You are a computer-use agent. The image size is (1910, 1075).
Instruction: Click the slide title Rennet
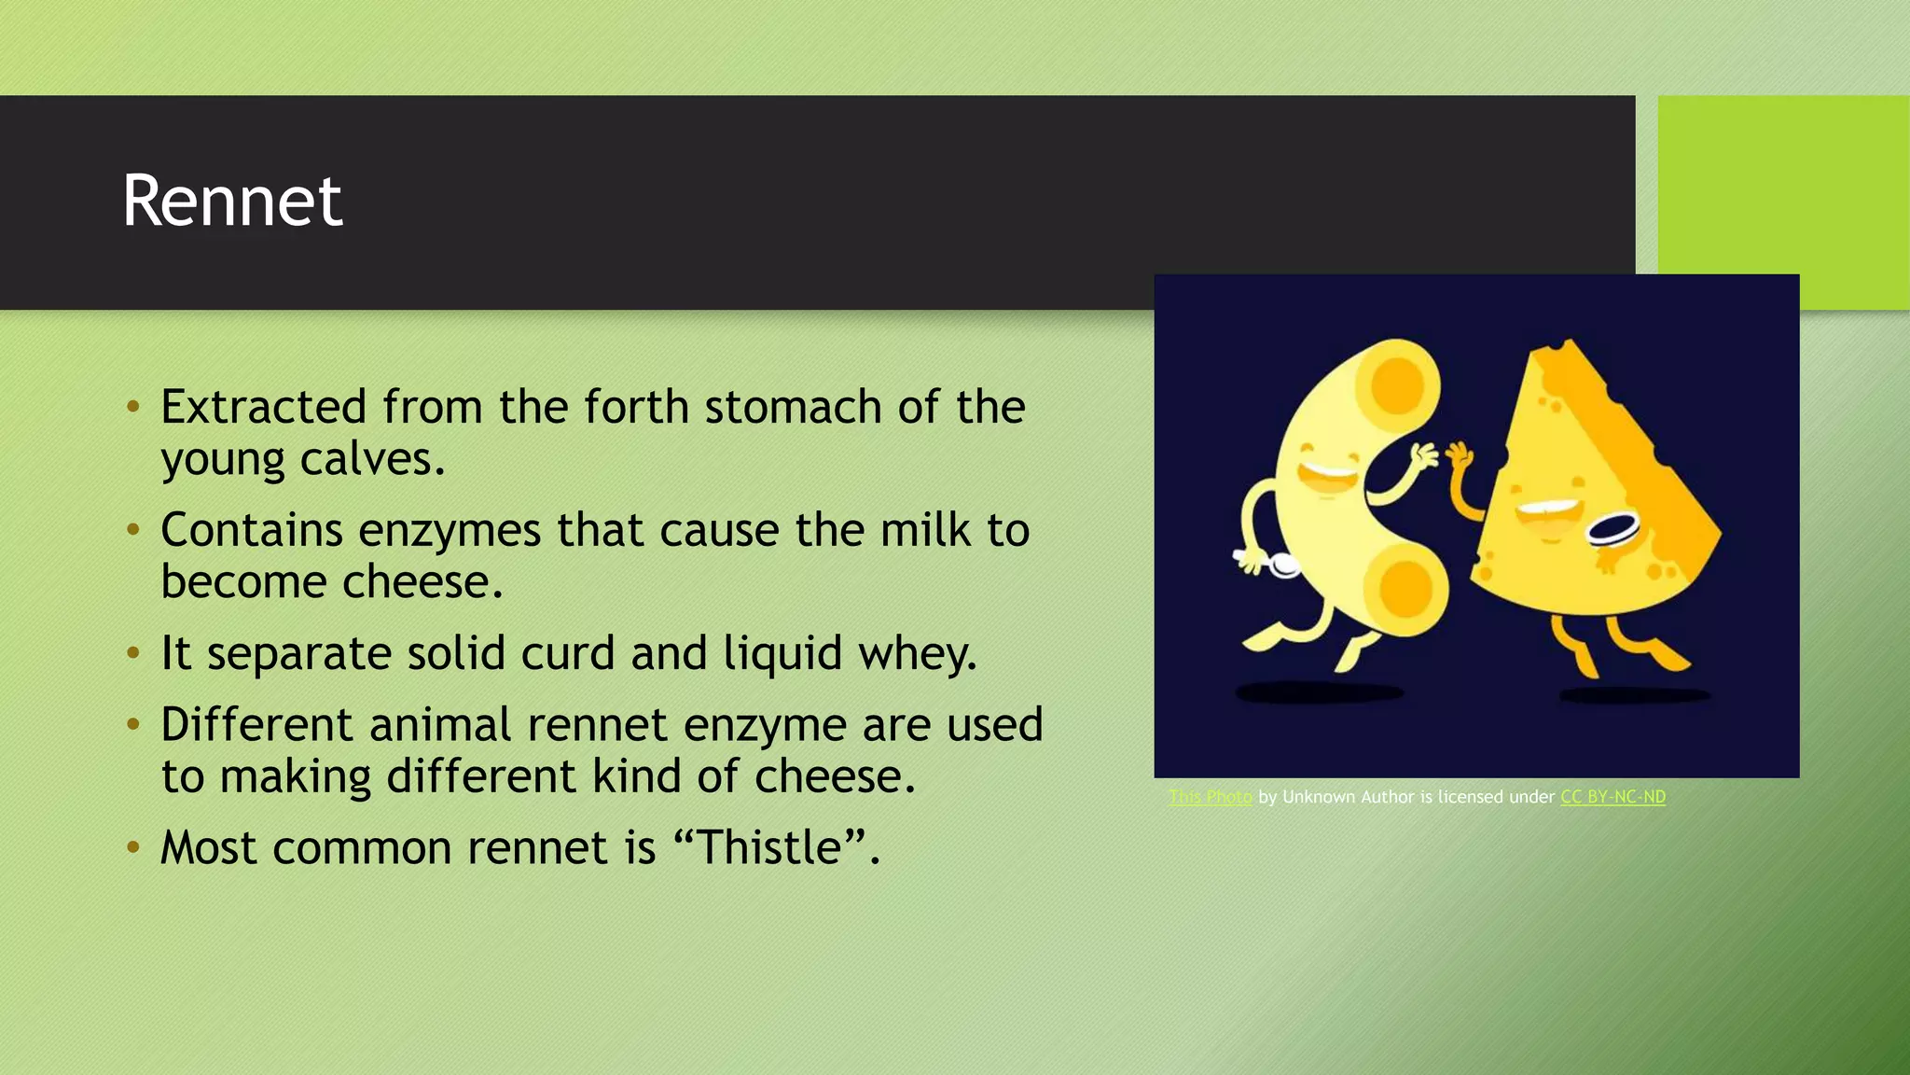coord(232,201)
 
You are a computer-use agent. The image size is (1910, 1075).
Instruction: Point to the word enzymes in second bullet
coord(450,531)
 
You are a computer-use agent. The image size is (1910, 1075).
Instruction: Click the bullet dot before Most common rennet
coord(133,848)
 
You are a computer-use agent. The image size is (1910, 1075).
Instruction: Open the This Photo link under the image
coord(1211,797)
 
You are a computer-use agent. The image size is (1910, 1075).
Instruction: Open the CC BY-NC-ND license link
coord(1612,797)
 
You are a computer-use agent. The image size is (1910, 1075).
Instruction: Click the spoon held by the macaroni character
coord(1280,565)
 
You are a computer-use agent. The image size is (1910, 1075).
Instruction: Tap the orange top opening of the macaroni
coord(1396,384)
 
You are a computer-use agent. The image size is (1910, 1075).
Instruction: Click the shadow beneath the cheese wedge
coord(1634,695)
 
